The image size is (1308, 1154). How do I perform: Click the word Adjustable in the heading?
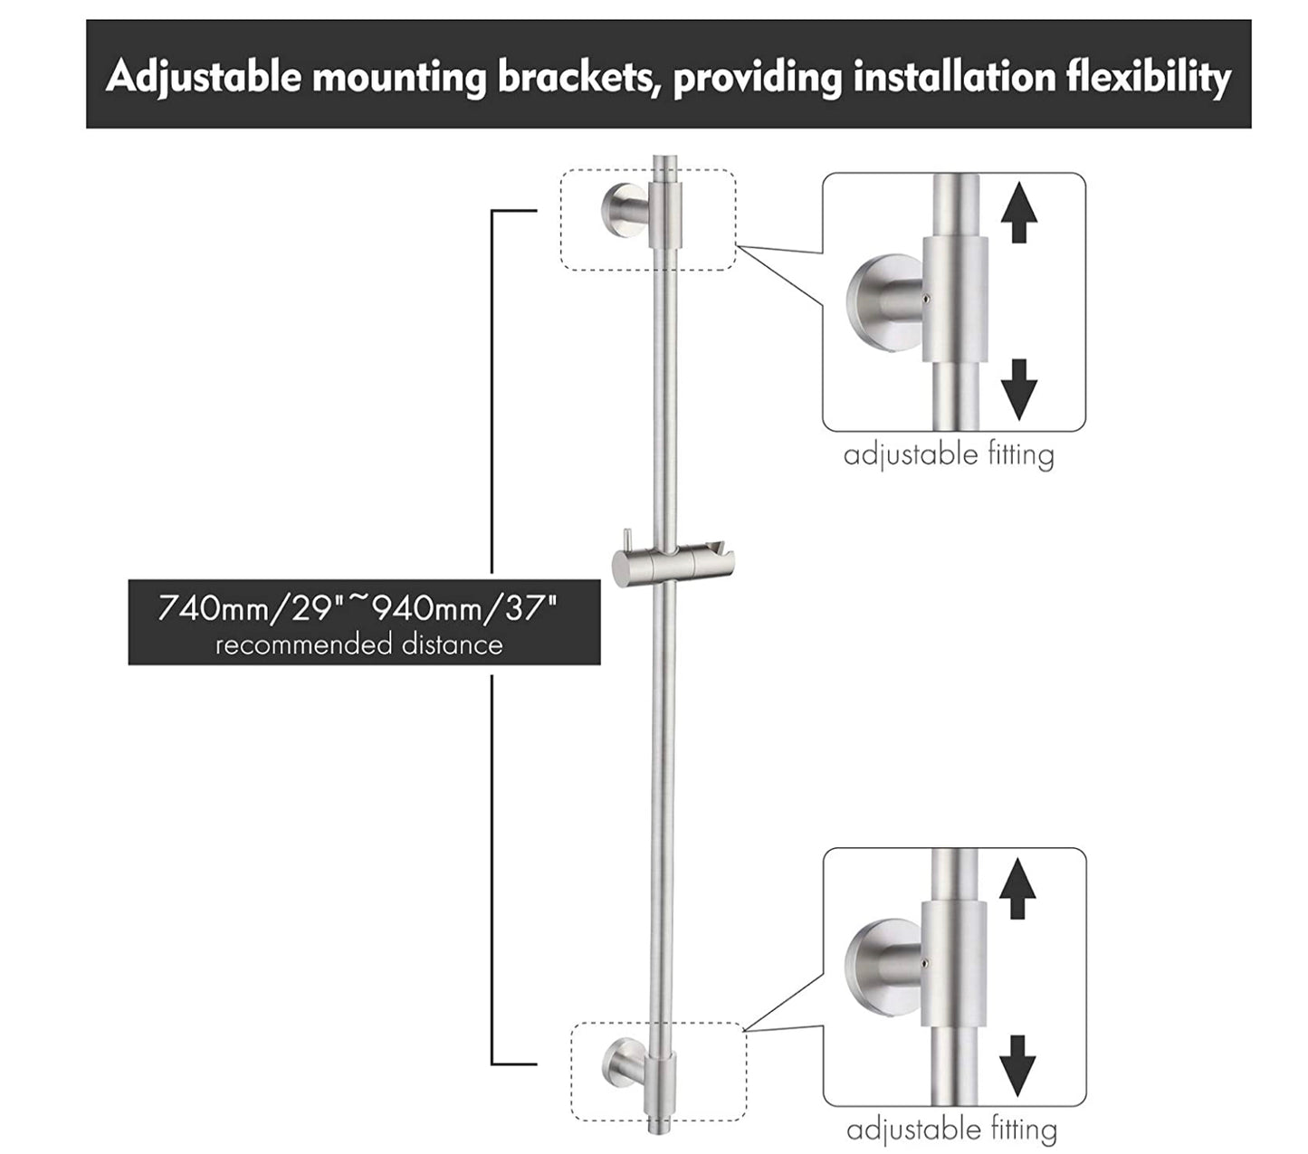click(x=203, y=78)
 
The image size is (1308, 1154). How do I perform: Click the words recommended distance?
click(x=358, y=645)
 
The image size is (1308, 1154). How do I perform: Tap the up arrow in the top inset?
click(x=1018, y=211)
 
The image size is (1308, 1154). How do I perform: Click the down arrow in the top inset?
click(x=1018, y=389)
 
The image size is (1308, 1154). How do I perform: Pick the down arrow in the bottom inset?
click(x=1017, y=1065)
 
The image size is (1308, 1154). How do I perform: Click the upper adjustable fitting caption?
click(x=949, y=454)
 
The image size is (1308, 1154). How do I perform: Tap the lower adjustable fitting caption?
click(x=951, y=1130)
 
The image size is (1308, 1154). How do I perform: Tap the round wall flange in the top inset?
click(x=874, y=303)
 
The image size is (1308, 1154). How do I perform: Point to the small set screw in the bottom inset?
click(x=922, y=958)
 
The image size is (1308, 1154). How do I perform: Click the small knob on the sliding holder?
click(x=622, y=539)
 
